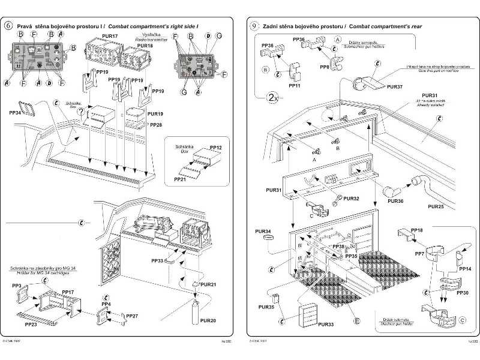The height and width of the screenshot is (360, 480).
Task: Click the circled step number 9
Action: click(254, 26)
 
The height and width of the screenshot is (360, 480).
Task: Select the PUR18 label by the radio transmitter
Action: click(145, 46)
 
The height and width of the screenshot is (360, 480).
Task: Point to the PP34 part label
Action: click(17, 112)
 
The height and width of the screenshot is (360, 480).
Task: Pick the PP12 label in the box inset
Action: click(216, 148)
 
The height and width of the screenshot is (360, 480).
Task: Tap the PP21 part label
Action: click(180, 179)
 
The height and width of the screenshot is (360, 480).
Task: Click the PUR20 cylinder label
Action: click(206, 320)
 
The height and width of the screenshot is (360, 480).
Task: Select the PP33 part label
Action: click(157, 261)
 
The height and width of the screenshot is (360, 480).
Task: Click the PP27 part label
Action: click(132, 316)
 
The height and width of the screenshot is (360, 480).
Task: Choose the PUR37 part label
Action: click(395, 87)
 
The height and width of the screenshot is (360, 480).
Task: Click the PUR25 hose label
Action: click(436, 206)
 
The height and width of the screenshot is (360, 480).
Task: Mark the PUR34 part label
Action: click(263, 231)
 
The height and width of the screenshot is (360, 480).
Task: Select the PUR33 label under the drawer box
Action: click(326, 324)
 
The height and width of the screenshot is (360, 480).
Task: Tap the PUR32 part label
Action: click(352, 199)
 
